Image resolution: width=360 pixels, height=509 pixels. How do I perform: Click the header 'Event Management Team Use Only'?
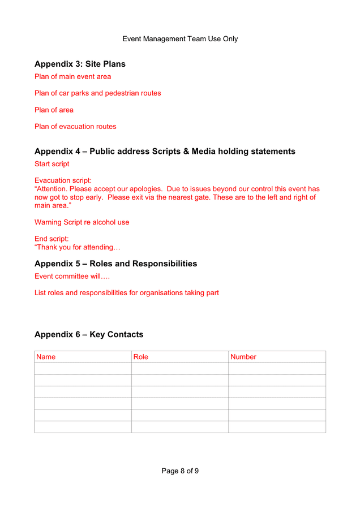[180, 39]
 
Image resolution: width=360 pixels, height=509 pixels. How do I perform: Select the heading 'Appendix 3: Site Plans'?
[80, 64]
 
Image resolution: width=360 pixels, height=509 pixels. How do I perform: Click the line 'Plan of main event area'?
[72, 76]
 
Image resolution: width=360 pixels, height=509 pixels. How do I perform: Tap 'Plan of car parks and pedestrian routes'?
[97, 93]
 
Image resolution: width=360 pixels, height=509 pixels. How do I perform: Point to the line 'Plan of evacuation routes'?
[75, 126]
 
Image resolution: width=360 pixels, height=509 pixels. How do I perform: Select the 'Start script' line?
[52, 163]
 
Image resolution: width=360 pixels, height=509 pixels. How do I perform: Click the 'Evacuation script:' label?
[63, 180]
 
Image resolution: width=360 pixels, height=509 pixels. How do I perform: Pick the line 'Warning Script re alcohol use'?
[82, 222]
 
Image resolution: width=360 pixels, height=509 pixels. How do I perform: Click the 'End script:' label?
[52, 239]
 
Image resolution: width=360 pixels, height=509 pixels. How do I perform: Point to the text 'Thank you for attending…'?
[78, 247]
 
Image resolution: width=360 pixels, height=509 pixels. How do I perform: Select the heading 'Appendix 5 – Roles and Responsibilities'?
[115, 264]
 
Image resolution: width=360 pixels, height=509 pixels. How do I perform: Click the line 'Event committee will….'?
[72, 276]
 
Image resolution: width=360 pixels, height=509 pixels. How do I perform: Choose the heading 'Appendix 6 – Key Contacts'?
[89, 334]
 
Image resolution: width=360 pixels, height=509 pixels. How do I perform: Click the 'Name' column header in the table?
[46, 357]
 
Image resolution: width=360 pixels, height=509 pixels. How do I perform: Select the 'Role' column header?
[141, 357]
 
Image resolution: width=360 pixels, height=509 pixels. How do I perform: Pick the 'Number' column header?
[243, 357]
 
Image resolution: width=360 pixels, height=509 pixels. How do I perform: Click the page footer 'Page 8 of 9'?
[180, 471]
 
